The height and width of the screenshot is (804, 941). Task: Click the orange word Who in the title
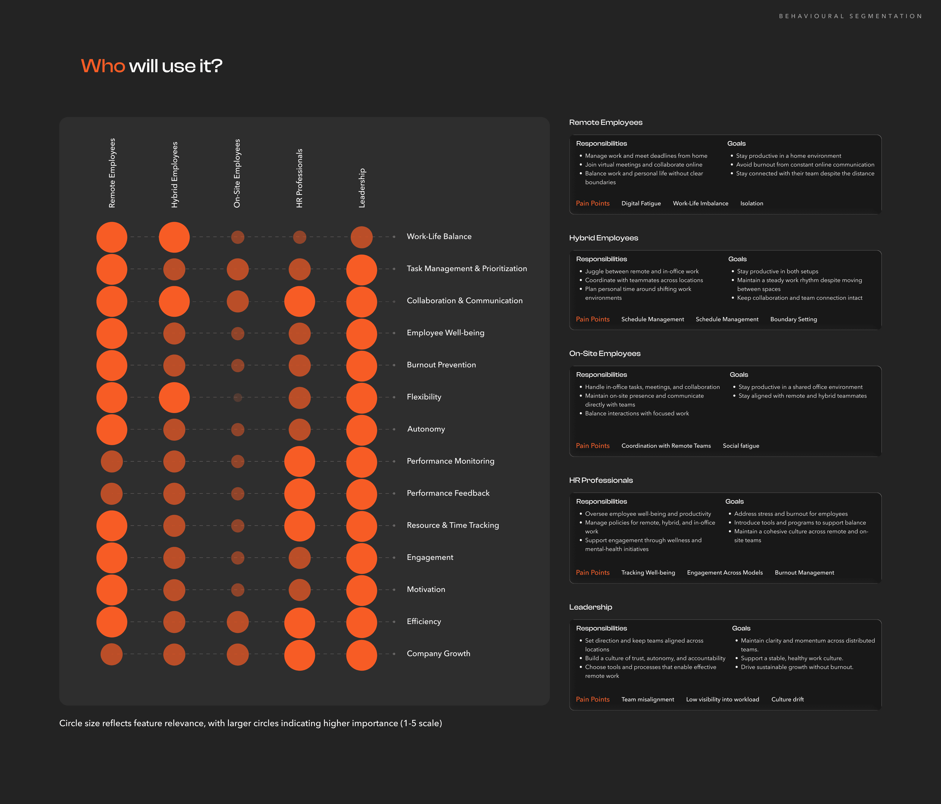point(103,66)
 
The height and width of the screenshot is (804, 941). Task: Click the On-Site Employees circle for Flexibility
point(237,397)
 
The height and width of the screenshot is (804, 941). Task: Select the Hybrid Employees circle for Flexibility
point(174,397)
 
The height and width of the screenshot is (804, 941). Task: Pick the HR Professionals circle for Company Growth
point(300,655)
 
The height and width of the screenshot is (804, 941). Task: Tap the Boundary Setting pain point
point(793,319)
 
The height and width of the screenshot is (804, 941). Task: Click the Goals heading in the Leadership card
point(741,628)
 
